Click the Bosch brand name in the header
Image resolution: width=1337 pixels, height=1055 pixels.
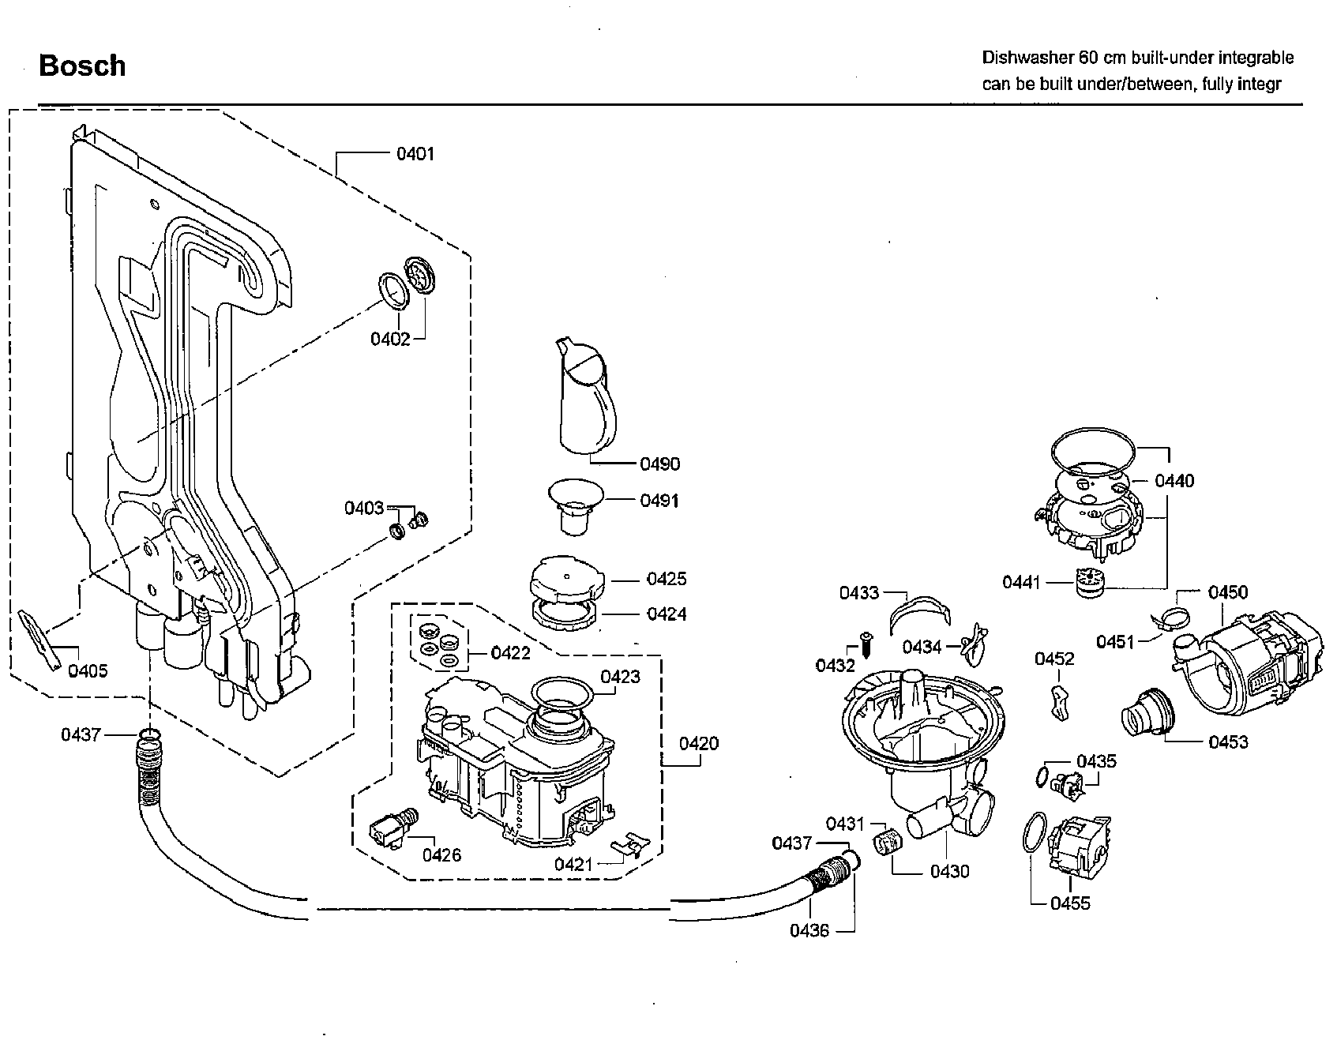tap(82, 66)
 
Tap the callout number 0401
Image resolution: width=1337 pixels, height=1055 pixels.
tap(415, 154)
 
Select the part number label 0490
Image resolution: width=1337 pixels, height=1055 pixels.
tap(659, 464)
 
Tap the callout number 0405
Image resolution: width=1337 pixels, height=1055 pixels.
tap(87, 671)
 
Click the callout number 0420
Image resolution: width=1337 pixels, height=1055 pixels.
tap(699, 743)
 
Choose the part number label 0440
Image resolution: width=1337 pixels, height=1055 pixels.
tap(1174, 481)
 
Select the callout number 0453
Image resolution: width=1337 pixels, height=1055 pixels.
tap(1228, 742)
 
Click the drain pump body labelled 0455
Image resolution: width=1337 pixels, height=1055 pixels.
tap(1078, 846)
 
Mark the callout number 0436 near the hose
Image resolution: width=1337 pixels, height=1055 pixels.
tap(809, 931)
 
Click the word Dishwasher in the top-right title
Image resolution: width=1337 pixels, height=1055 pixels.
tap(1025, 58)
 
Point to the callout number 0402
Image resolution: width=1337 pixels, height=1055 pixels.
tap(390, 339)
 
